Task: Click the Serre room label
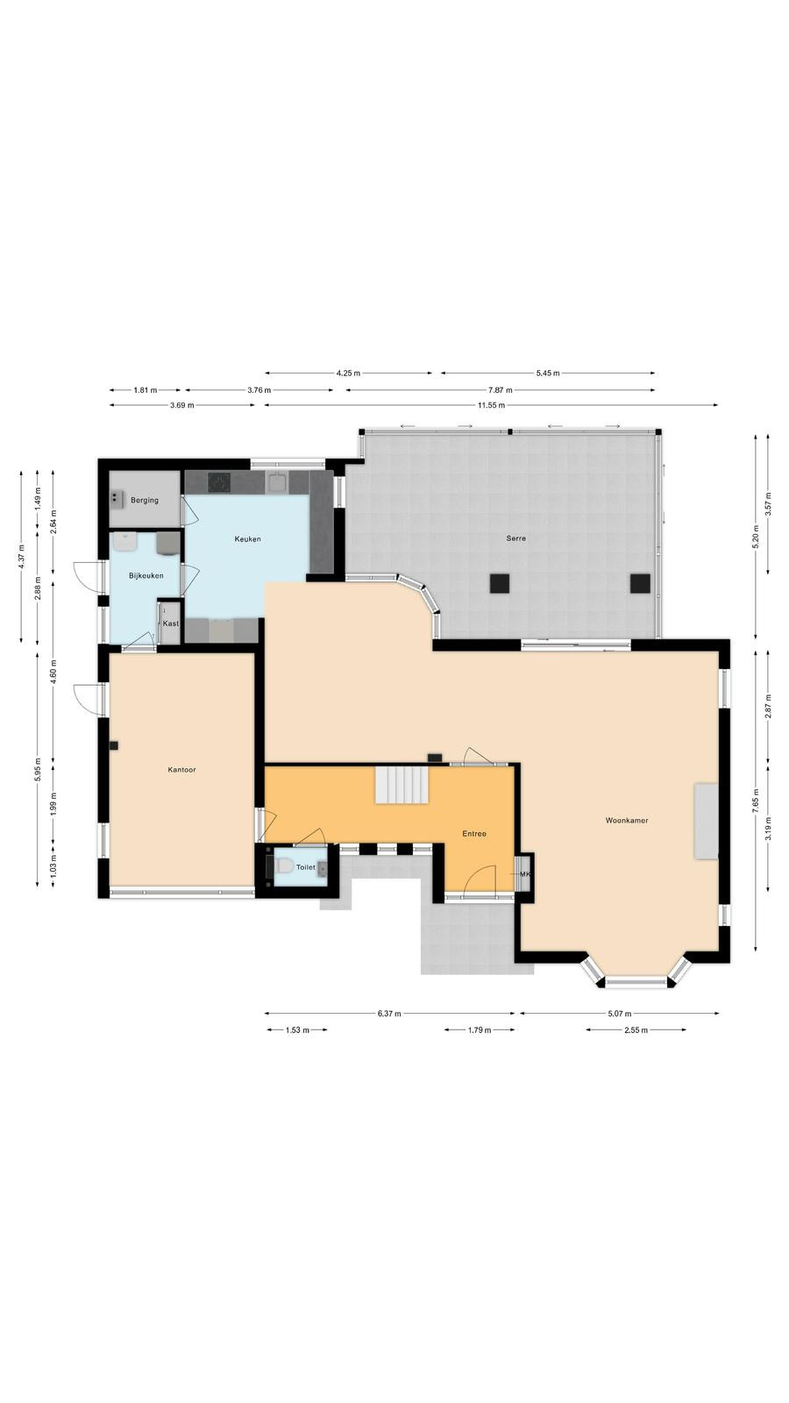pyautogui.click(x=516, y=538)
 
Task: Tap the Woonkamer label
pyautogui.click(x=627, y=820)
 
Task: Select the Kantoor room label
pyautogui.click(x=181, y=770)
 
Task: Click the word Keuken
pyautogui.click(x=247, y=538)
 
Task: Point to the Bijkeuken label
pyautogui.click(x=146, y=575)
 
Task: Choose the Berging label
pyautogui.click(x=145, y=501)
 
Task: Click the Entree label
pyautogui.click(x=474, y=834)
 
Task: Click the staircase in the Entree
pyautogui.click(x=402, y=786)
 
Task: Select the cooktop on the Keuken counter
pyautogui.click(x=219, y=482)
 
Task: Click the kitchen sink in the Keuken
pyautogui.click(x=277, y=482)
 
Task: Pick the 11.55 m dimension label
pyautogui.click(x=492, y=405)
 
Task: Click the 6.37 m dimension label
pyautogui.click(x=389, y=1014)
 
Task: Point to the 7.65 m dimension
pyautogui.click(x=756, y=801)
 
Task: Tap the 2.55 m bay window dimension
pyautogui.click(x=636, y=1029)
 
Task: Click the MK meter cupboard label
pyautogui.click(x=525, y=874)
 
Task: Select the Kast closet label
pyautogui.click(x=170, y=623)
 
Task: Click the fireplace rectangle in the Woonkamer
pyautogui.click(x=705, y=821)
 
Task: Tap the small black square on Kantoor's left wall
pyautogui.click(x=115, y=745)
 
